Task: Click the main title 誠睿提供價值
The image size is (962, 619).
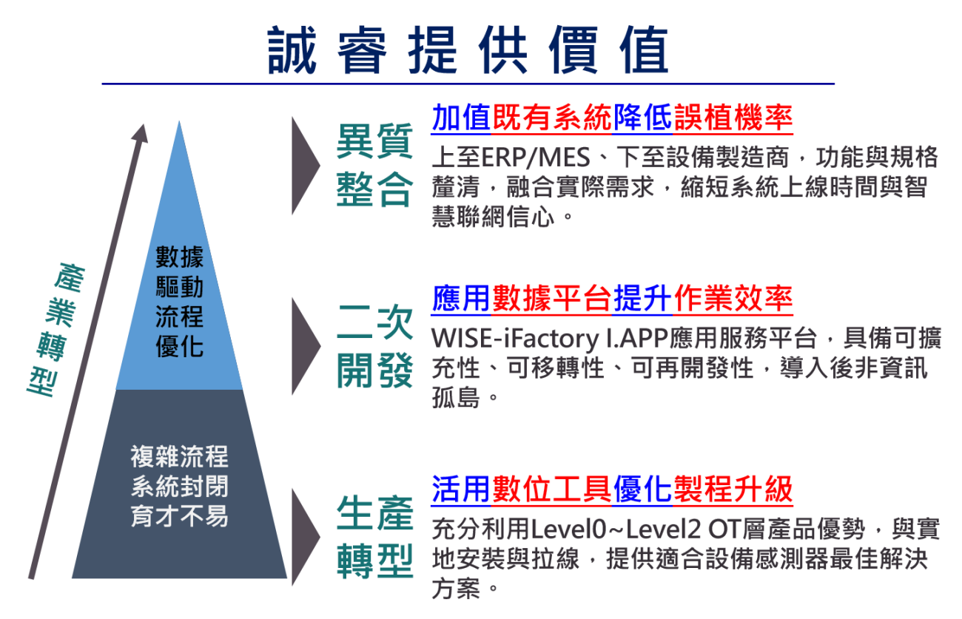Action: coord(468,50)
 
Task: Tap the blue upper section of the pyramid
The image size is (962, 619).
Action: coord(179,300)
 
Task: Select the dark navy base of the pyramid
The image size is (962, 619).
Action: coord(179,484)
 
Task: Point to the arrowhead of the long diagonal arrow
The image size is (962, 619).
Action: coord(141,134)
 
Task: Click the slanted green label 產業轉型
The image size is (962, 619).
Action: coord(56,330)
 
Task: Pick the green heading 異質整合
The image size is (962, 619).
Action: coord(374,165)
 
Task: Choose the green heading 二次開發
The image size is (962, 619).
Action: coord(374,346)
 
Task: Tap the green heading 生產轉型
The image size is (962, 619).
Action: coord(374,537)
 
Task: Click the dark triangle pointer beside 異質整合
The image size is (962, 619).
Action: coord(304,165)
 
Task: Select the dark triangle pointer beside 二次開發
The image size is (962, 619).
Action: coord(304,346)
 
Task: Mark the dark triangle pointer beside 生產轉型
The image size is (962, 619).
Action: coord(304,537)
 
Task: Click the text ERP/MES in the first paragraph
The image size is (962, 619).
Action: coord(536,158)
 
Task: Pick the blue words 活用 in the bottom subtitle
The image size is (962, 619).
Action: coord(461,489)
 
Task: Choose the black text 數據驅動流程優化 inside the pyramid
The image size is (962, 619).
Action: coord(180,301)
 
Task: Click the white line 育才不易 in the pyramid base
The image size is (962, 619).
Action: coord(180,516)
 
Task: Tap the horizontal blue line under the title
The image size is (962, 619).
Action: coord(468,84)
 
